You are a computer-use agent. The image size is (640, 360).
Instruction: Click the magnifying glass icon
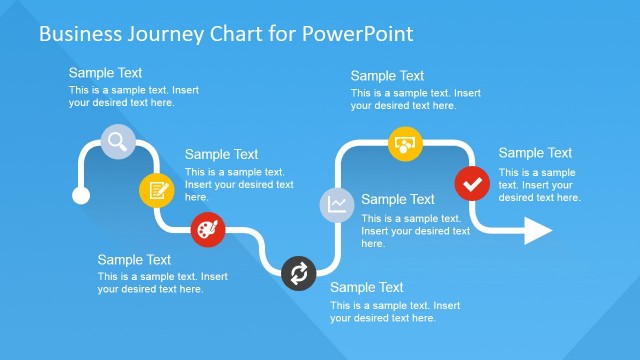(117, 141)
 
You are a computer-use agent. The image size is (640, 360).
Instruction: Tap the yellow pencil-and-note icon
(155, 188)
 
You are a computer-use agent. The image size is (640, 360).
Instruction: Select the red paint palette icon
(207, 229)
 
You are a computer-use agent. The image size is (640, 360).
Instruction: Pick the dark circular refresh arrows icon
(299, 273)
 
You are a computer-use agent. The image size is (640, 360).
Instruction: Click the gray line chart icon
(337, 204)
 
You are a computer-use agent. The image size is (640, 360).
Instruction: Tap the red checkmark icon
(472, 184)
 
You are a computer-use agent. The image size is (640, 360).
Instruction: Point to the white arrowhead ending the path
(537, 231)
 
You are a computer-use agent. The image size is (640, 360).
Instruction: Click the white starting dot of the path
(80, 195)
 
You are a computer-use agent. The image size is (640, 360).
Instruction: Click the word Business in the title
(77, 34)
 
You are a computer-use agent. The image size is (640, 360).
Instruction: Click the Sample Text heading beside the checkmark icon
(535, 153)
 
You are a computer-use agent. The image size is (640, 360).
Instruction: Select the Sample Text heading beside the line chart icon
(397, 199)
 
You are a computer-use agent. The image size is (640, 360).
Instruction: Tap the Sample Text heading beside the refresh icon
(366, 287)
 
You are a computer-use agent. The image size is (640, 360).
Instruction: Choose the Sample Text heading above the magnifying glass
(105, 73)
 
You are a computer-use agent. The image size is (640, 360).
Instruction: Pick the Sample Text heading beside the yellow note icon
(221, 154)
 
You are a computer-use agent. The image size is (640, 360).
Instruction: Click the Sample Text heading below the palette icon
(134, 260)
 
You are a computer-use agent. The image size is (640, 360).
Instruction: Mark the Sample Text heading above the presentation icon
(387, 76)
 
